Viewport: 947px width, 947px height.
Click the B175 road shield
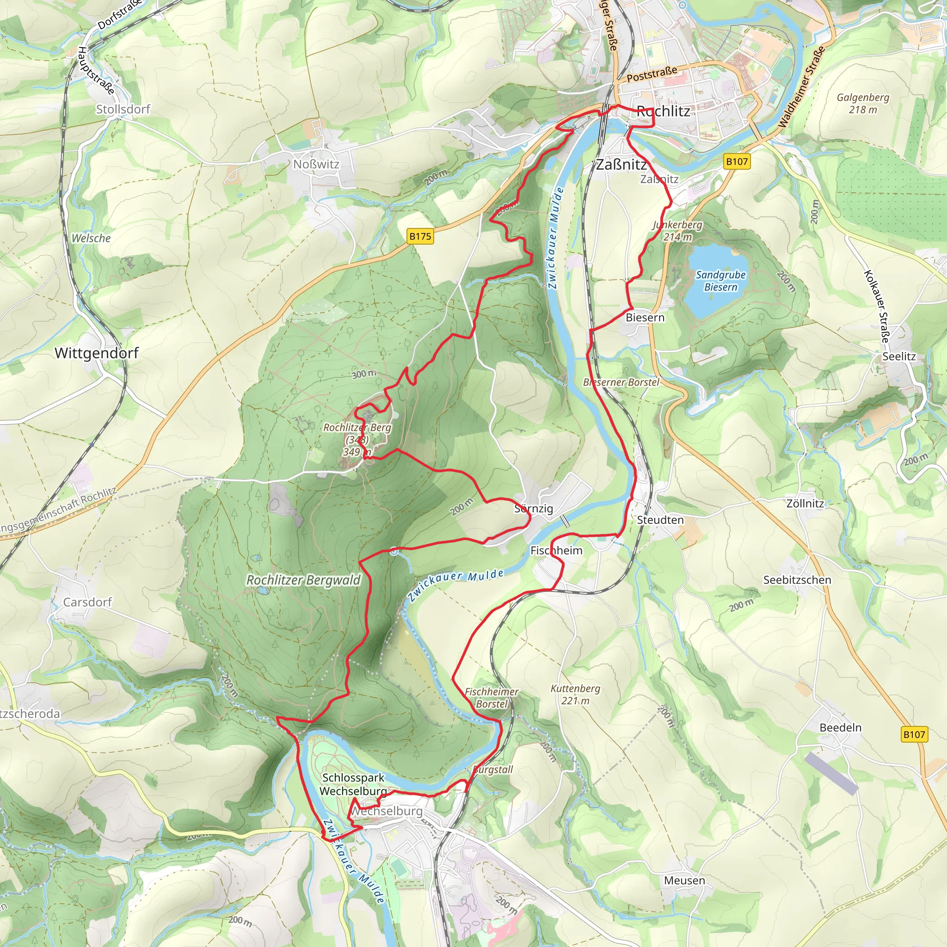(420, 236)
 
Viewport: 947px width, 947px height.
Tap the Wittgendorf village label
(97, 353)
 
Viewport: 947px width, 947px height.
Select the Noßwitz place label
(316, 164)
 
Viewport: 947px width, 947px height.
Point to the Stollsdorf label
(123, 109)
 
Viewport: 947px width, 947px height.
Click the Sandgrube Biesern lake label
(720, 281)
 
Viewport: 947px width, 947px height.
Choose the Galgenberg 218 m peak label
(863, 104)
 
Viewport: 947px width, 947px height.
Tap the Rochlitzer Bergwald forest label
(303, 580)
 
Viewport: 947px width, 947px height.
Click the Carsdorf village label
(87, 602)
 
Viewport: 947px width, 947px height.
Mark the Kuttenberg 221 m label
(575, 695)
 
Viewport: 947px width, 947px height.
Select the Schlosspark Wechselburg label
(353, 784)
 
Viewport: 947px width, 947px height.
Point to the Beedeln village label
(840, 727)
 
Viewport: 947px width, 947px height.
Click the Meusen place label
(684, 880)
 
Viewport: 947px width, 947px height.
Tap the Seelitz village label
(899, 357)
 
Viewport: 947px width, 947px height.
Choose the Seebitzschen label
(797, 580)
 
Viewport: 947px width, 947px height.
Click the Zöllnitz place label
(805, 504)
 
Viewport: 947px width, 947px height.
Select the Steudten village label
(660, 520)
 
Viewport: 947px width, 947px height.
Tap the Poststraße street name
(652, 74)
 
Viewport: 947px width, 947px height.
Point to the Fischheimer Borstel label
(491, 697)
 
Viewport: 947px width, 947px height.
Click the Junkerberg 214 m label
(677, 231)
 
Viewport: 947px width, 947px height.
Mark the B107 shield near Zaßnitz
(737, 162)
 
